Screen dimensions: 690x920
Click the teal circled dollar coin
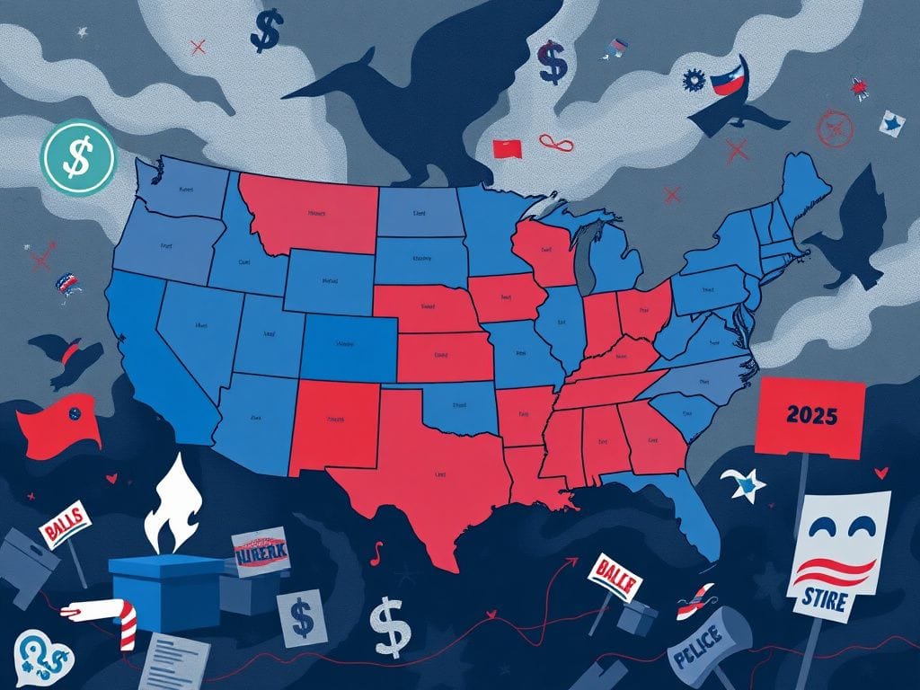79,158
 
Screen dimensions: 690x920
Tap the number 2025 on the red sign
810,416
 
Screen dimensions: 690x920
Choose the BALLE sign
616,575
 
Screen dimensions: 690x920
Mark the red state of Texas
431,476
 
